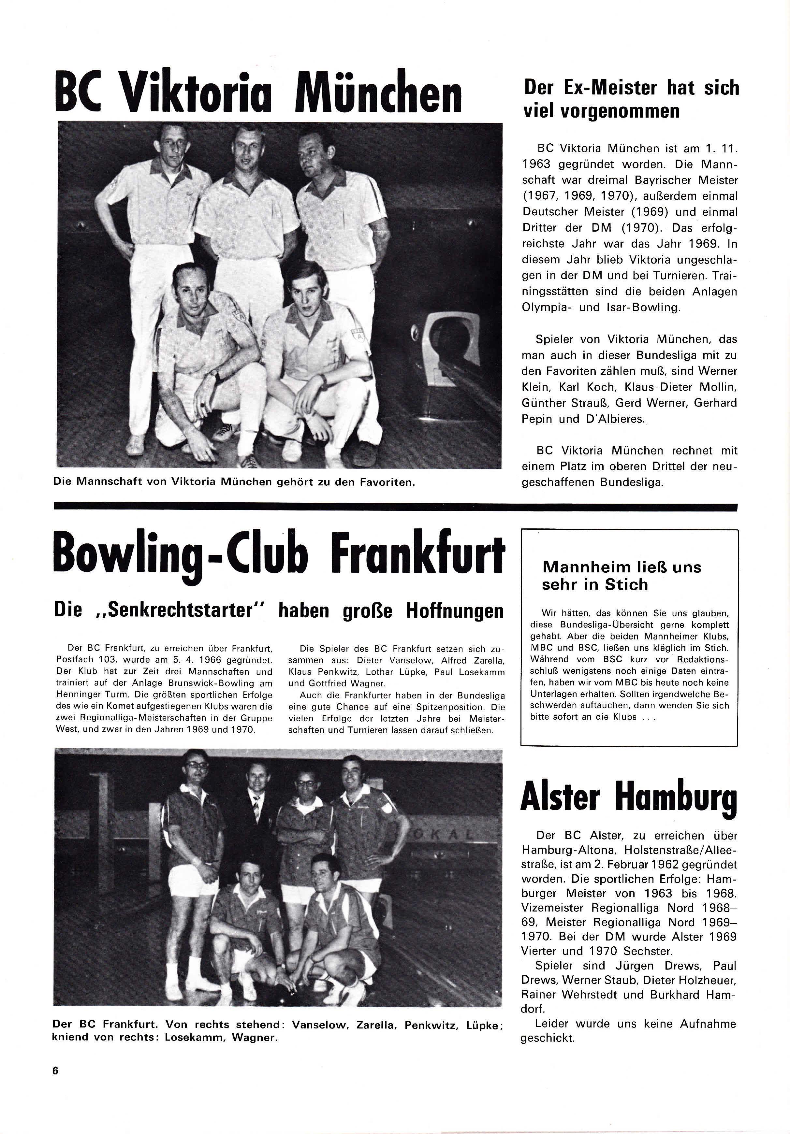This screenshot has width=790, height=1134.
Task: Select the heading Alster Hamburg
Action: [x=628, y=799]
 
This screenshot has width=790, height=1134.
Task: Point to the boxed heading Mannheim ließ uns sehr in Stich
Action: [x=622, y=575]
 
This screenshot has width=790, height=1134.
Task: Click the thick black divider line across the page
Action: [x=395, y=507]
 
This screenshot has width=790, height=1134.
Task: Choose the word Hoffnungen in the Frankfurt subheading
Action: [x=455, y=611]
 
